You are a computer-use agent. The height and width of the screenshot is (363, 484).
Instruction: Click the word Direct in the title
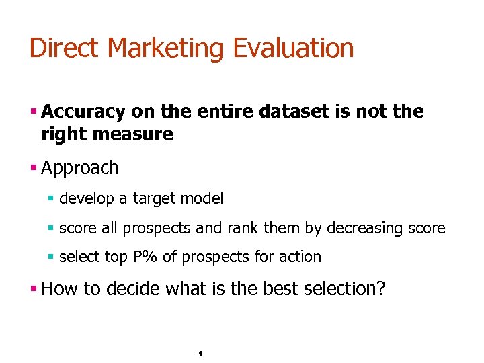(65, 48)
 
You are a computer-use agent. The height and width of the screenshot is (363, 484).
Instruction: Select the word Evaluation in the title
(293, 48)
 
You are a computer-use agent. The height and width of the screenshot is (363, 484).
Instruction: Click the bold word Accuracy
(83, 112)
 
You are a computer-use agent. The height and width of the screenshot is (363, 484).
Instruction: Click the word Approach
(79, 168)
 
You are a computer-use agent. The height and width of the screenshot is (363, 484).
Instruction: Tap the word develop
(85, 199)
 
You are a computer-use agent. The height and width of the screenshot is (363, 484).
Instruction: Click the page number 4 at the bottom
(201, 352)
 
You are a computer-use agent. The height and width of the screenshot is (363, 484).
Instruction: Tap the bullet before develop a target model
(51, 199)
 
